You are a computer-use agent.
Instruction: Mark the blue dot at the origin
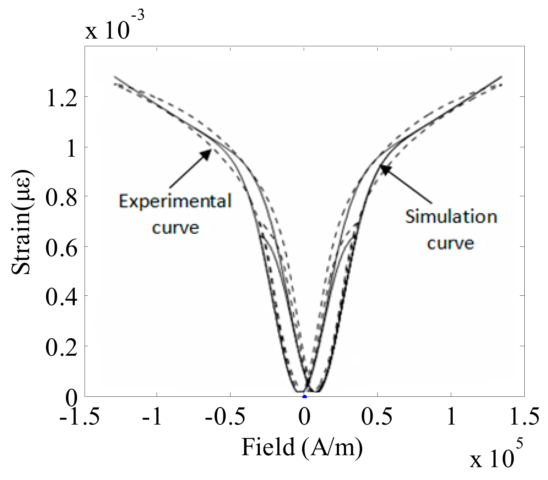pyautogui.click(x=304, y=397)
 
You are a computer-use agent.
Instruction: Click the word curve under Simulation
pyautogui.click(x=451, y=244)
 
